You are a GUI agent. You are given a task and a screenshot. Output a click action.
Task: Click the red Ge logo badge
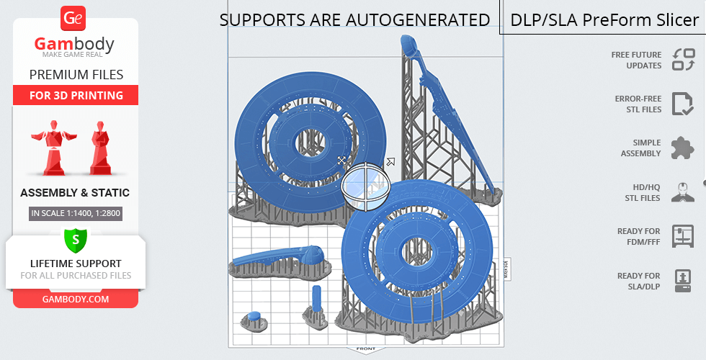pyautogui.click(x=73, y=18)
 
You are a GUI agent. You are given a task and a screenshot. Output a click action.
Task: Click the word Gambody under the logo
pyautogui.click(x=74, y=44)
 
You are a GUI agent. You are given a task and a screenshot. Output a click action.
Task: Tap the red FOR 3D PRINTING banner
pyautogui.click(x=76, y=95)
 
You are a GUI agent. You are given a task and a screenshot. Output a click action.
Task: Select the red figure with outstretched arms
pyautogui.click(x=54, y=147)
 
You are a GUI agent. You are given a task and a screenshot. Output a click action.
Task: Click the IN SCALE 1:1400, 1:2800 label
pyautogui.click(x=76, y=213)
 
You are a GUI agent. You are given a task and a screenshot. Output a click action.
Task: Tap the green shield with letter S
pyautogui.click(x=75, y=240)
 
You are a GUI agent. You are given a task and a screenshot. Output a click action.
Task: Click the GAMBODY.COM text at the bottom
pyautogui.click(x=76, y=300)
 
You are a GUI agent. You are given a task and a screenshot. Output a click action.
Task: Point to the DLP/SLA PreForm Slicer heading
pyautogui.click(x=604, y=20)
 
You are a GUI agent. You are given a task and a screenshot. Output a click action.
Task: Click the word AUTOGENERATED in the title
pyautogui.click(x=418, y=20)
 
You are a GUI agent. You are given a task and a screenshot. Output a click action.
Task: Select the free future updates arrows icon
pyautogui.click(x=684, y=60)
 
